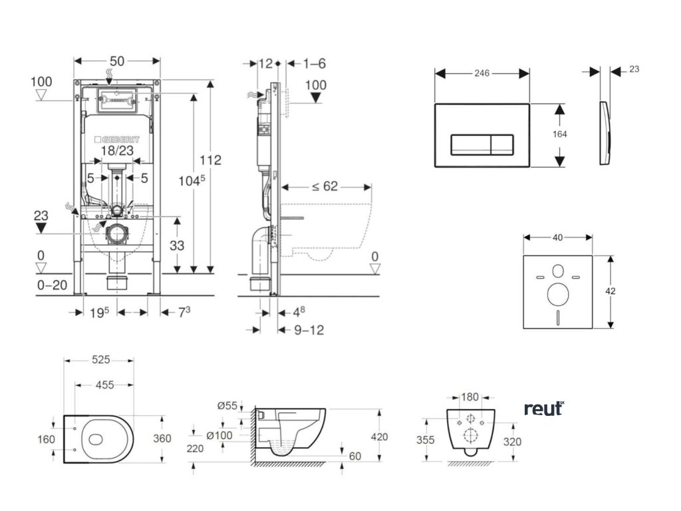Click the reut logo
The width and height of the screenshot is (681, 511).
coord(543,408)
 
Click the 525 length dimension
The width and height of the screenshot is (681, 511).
coord(100,360)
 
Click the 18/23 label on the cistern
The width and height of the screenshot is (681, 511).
coord(118,152)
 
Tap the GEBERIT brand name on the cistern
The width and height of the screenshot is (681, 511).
coord(119,140)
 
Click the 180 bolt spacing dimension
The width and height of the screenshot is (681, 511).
coord(470,397)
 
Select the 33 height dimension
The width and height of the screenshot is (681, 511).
coord(176,245)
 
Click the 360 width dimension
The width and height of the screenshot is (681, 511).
coord(162,438)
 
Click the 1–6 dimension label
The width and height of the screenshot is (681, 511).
coord(314,63)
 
